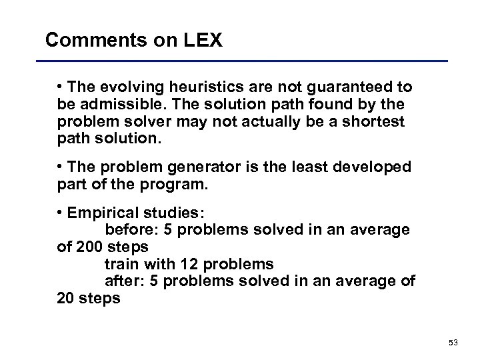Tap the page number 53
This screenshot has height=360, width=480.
(453, 342)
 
